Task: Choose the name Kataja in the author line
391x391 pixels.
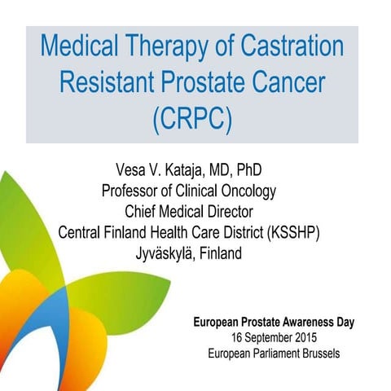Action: click(200, 172)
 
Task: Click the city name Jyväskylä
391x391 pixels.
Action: click(165, 253)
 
